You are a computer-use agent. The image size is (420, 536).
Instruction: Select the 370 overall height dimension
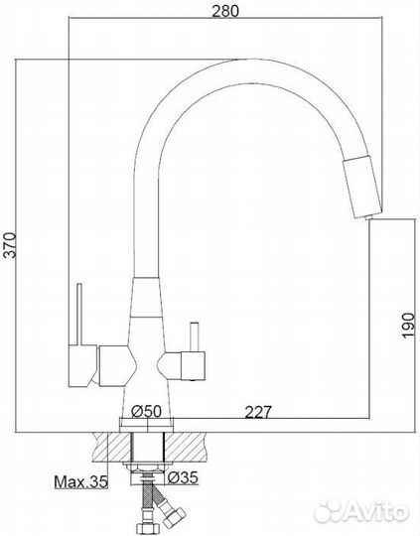click(11, 244)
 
